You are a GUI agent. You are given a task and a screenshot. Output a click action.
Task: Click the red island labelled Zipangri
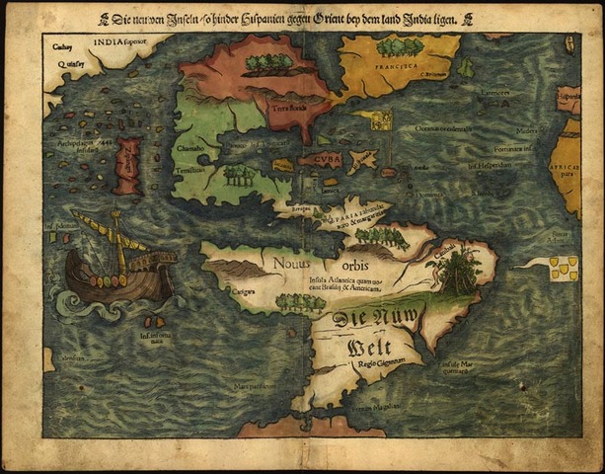tap(127, 165)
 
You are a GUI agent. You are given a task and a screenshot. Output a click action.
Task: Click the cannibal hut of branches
tap(459, 271)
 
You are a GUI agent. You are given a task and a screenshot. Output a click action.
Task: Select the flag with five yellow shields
tap(564, 268)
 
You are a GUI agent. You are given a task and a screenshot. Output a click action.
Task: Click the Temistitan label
tap(191, 169)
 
